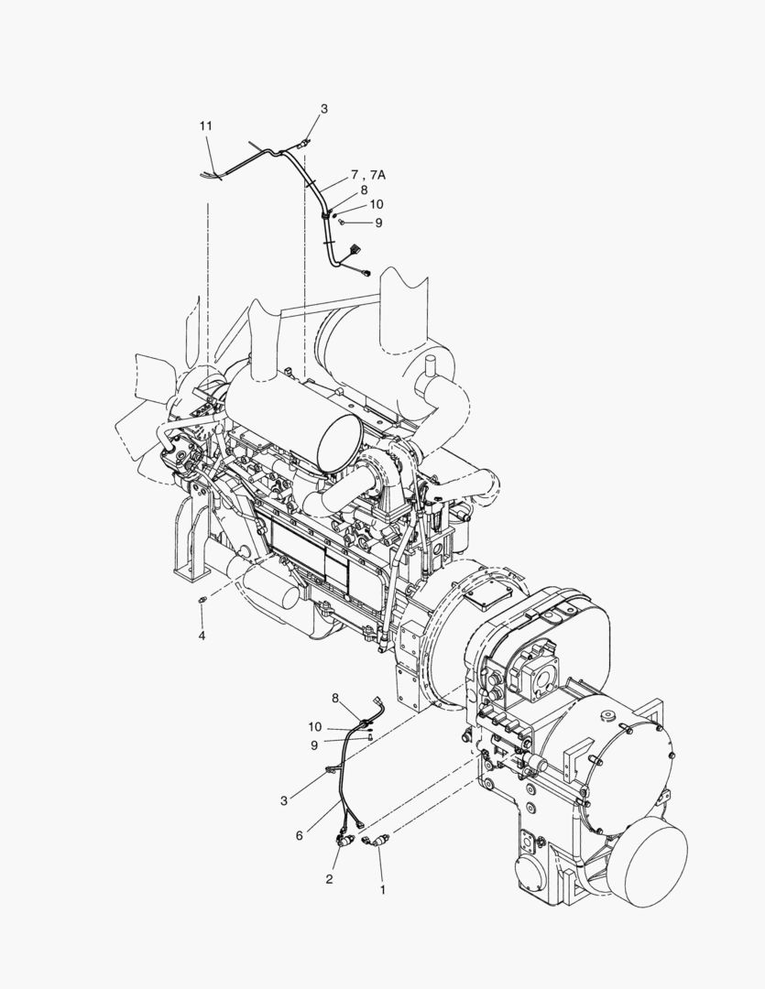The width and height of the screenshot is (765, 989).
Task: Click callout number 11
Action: click(x=206, y=126)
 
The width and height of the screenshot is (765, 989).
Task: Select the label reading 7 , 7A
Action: click(x=368, y=175)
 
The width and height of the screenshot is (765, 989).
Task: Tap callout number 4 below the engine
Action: click(x=202, y=636)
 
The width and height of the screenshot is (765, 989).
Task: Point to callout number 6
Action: click(x=300, y=836)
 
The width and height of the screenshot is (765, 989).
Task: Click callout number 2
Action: click(x=329, y=879)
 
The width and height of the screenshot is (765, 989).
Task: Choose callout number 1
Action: click(x=383, y=890)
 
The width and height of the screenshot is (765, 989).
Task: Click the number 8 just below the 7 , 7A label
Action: click(x=365, y=190)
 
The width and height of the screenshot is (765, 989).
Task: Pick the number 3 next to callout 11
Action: click(x=323, y=108)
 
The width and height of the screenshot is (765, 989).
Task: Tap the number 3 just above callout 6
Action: click(x=284, y=801)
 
